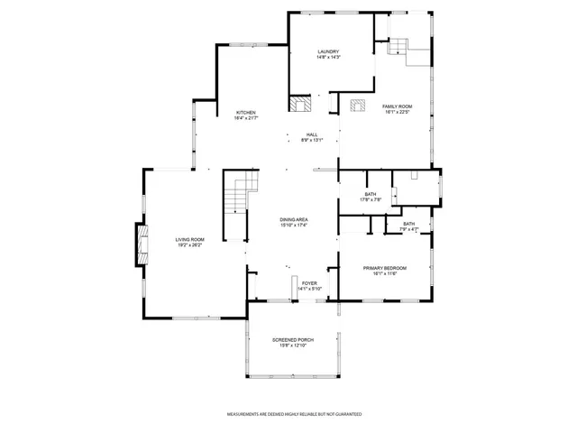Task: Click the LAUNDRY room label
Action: (327, 51)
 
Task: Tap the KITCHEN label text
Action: (246, 113)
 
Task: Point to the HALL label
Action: (311, 135)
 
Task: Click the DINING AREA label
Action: (294, 219)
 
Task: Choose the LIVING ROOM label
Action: (189, 239)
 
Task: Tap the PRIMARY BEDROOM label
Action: (384, 268)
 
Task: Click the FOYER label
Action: (309, 283)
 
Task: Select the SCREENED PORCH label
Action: (292, 339)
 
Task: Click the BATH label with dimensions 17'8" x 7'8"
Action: (371, 193)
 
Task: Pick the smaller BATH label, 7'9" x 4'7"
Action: (408, 224)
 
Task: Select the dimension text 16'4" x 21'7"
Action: (246, 118)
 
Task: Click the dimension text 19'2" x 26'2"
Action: (189, 244)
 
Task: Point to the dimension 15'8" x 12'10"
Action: (292, 345)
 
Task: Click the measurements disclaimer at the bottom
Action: (294, 413)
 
